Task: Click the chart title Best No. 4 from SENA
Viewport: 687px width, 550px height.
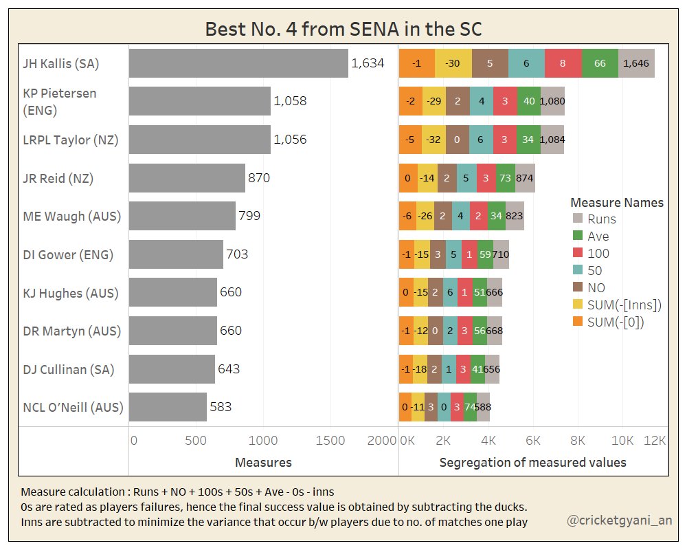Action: tap(343, 30)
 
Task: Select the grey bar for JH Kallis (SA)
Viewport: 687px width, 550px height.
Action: tap(238, 63)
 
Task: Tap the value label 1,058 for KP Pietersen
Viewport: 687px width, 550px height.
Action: tap(290, 101)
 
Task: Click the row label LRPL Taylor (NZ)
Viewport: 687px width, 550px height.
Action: tap(71, 140)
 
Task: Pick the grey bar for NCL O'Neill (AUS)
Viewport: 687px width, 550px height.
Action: tap(168, 407)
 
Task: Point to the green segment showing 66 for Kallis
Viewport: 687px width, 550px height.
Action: tap(600, 63)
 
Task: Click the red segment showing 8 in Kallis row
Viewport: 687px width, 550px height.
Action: tap(563, 63)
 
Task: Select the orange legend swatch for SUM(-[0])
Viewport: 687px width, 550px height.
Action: tap(578, 322)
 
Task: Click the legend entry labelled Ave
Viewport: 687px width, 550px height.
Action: tap(598, 236)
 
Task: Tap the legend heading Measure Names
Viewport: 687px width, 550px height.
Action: tap(617, 203)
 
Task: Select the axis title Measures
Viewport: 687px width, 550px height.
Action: tap(263, 462)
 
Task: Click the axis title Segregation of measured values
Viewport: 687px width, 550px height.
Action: tap(532, 462)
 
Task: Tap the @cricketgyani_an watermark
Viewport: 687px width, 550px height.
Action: tap(619, 521)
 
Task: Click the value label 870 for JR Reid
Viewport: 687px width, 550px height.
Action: tap(259, 178)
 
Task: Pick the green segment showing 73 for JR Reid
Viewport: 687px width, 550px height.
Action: tap(506, 178)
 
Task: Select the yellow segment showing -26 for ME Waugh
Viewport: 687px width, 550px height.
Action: tap(425, 216)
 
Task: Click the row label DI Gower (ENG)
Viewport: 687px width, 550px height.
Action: tap(67, 254)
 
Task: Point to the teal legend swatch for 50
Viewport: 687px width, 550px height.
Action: tap(578, 270)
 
